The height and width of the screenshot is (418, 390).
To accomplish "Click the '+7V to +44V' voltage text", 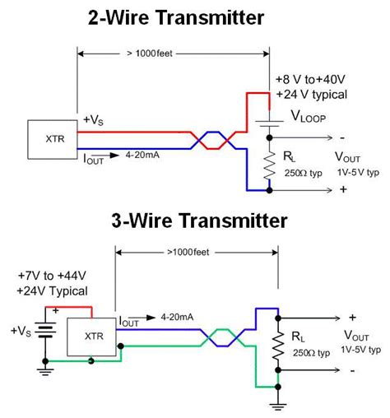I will pos(53,276).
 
